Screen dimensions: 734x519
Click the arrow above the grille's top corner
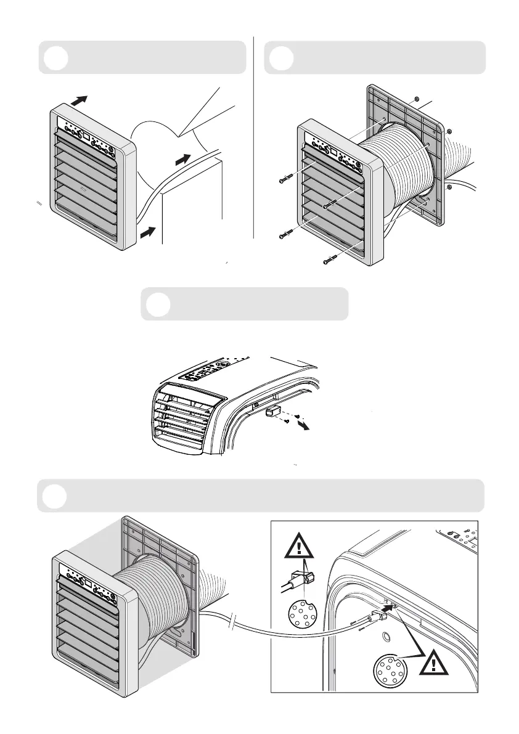[79, 100]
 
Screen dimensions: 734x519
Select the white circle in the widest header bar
[55, 497]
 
